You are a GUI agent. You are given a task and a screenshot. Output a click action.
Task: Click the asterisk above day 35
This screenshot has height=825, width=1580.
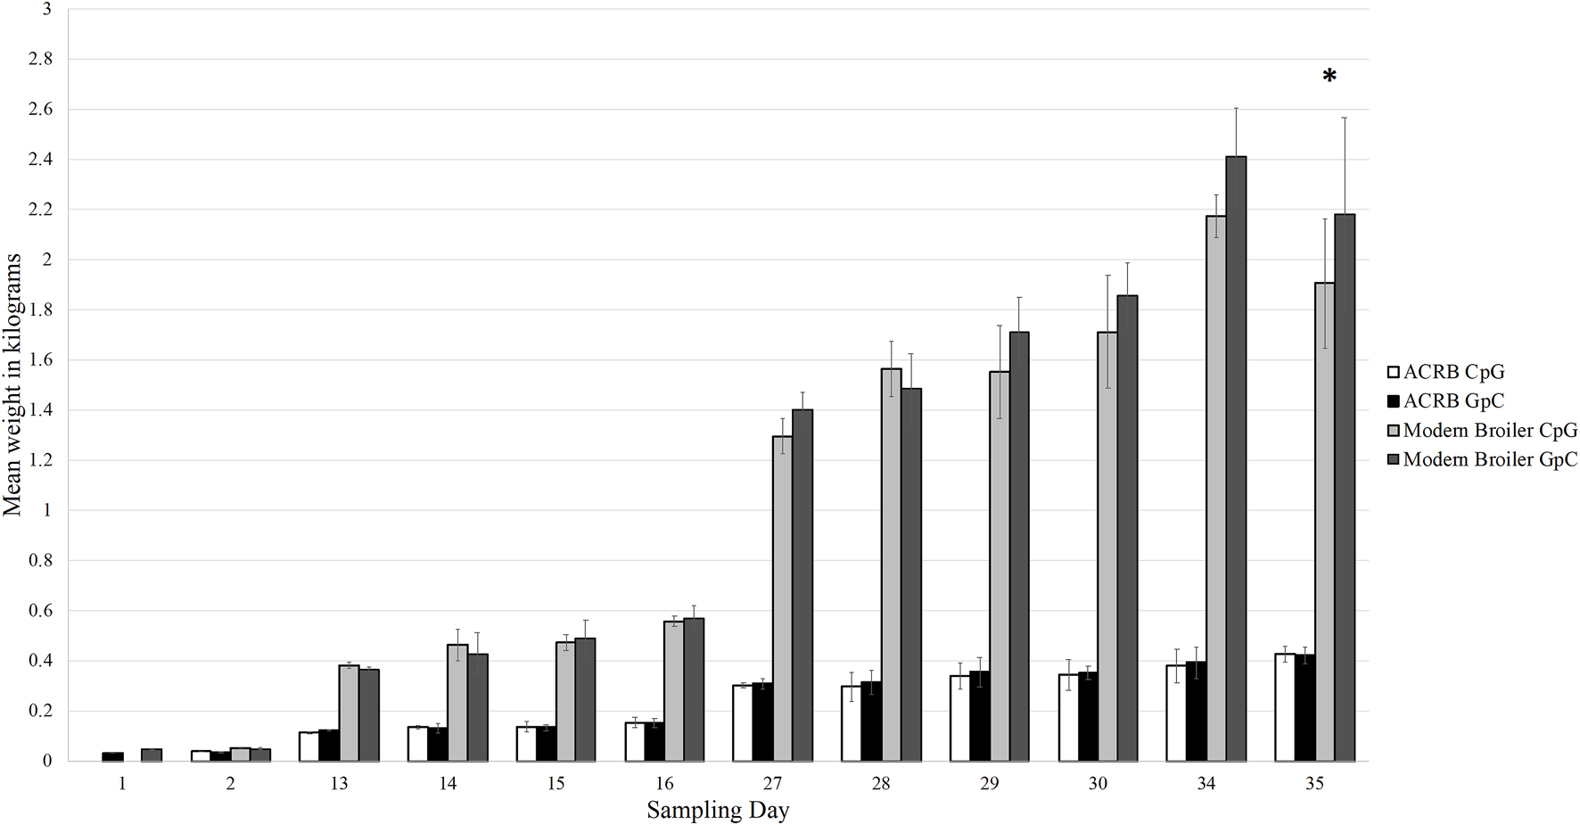point(1329,77)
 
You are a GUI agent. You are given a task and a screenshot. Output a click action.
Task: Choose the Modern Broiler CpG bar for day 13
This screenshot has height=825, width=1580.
point(348,713)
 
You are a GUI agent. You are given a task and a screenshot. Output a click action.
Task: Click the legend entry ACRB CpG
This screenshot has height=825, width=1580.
point(1453,372)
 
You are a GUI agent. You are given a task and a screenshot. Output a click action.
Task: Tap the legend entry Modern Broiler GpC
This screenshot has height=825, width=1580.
point(1489,459)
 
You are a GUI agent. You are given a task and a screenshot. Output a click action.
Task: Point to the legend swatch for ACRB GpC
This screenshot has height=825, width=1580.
point(1393,401)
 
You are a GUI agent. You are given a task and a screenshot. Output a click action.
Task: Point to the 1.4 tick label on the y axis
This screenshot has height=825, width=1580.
point(42,410)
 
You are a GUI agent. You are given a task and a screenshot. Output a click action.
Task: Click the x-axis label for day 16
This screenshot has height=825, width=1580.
point(664,784)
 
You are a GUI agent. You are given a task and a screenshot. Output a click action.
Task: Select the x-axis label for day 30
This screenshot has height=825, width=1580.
point(1098,784)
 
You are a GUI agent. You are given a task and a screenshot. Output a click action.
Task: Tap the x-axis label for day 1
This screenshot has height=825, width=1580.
point(122,784)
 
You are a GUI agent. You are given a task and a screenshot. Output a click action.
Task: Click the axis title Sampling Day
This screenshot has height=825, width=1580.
point(718,811)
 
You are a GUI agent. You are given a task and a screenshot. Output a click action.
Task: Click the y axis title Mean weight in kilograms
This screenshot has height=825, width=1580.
point(12,384)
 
